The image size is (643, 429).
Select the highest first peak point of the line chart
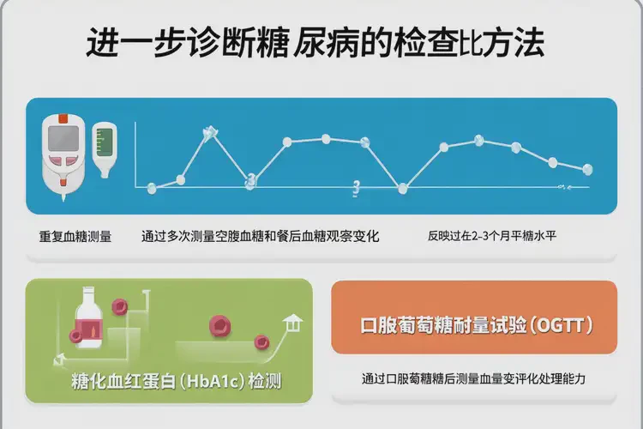click(x=207, y=133)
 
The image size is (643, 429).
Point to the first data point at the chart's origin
click(x=152, y=186)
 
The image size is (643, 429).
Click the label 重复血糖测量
click(x=75, y=235)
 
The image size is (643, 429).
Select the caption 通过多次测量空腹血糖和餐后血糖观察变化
click(x=259, y=235)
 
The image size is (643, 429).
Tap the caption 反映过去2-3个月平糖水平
click(x=492, y=235)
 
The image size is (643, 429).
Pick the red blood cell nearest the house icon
click(x=261, y=342)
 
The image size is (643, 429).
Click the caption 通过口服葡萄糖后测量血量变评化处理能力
click(x=473, y=378)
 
